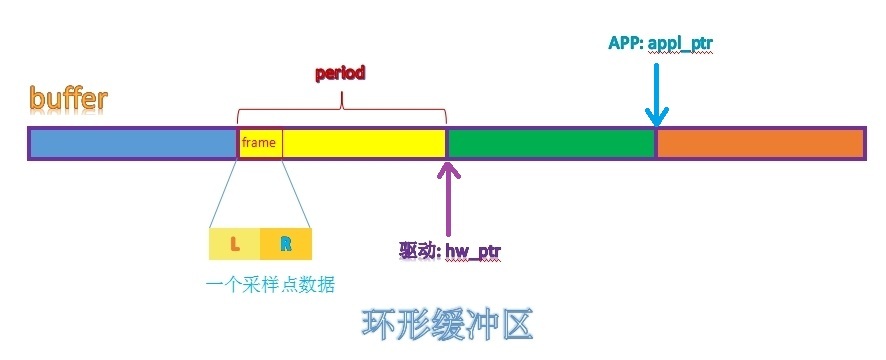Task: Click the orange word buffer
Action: (68, 99)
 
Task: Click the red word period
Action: (340, 73)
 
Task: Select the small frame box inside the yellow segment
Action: (259, 143)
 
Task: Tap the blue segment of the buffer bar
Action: (132, 144)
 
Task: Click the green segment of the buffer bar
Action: (550, 144)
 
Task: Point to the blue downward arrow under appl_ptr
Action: (656, 95)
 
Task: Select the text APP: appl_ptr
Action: (660, 43)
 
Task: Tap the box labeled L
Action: (235, 244)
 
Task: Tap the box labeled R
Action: (286, 244)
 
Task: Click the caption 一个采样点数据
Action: (270, 285)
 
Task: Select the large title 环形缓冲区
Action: (445, 325)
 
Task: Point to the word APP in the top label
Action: (625, 43)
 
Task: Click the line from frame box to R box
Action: (296, 192)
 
